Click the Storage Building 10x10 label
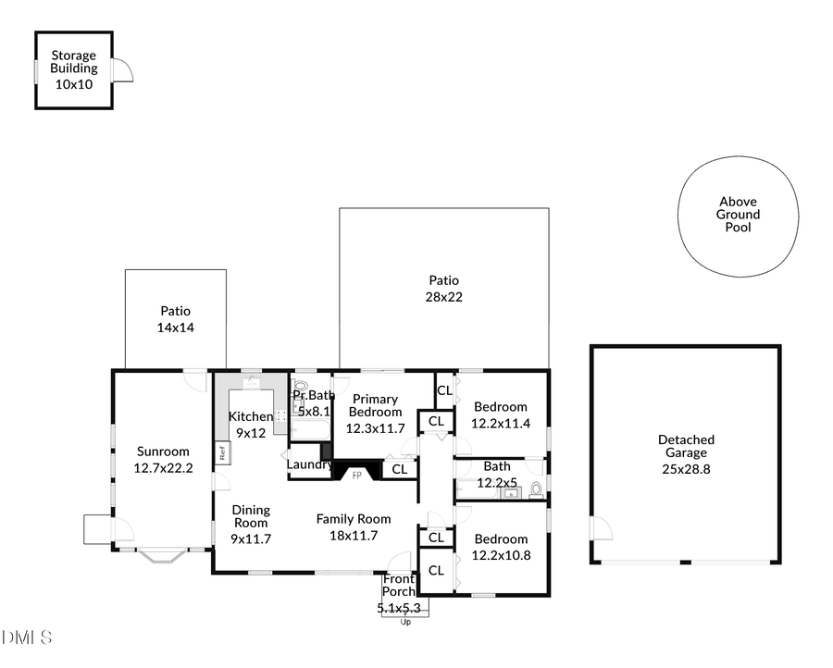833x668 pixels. (x=73, y=69)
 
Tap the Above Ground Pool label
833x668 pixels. (x=738, y=215)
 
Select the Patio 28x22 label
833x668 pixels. (x=443, y=289)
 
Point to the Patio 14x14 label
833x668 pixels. (x=175, y=319)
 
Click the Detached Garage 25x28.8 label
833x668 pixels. (x=686, y=454)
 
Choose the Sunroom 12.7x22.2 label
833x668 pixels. (x=163, y=460)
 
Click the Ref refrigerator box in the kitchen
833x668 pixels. (x=222, y=453)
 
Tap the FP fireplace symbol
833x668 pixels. (x=355, y=475)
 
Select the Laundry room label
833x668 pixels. (x=309, y=464)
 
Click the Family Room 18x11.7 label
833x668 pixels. (x=354, y=526)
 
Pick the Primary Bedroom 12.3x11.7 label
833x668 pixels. (x=374, y=414)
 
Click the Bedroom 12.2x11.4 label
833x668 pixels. (x=501, y=414)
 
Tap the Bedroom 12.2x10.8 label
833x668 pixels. (x=501, y=547)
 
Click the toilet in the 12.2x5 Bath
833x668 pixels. (x=535, y=490)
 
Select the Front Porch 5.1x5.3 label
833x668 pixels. (x=399, y=593)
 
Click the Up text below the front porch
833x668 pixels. (x=404, y=622)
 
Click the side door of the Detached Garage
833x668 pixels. (x=601, y=529)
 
